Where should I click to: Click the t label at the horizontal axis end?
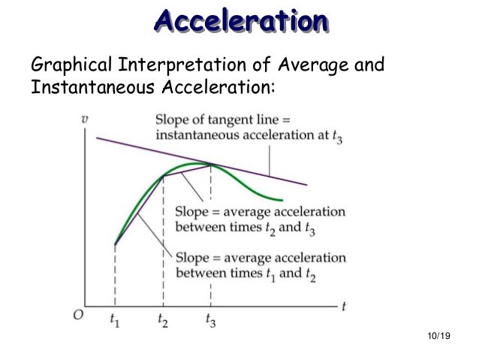343,307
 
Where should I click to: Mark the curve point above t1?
115,244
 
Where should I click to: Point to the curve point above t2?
164,177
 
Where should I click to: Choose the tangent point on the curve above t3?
211,165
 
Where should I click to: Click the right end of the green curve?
282,201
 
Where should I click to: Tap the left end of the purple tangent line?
97,137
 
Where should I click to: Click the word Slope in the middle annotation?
191,210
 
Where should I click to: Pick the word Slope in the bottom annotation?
191,258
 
